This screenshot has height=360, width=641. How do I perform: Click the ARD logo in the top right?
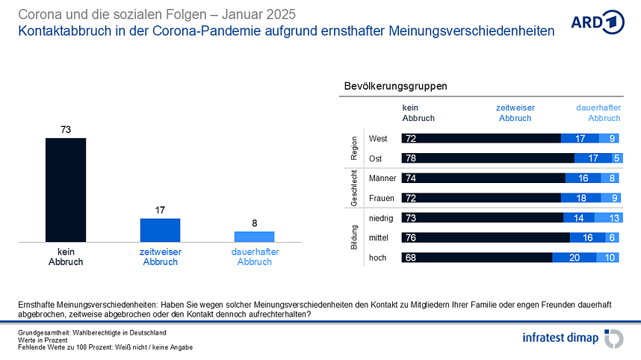point(596,22)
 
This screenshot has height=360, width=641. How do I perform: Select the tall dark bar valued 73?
point(66,190)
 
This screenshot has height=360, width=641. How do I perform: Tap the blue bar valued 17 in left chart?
point(160,230)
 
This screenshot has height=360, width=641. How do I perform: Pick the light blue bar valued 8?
point(254,236)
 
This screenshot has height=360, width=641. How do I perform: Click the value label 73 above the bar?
point(66,130)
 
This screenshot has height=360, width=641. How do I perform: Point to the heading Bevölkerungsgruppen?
point(395,86)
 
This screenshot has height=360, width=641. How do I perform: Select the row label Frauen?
point(382,198)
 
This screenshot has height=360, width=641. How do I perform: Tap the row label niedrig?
point(382,217)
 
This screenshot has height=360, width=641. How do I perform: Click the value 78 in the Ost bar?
point(411,158)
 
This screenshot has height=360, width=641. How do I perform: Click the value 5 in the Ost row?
point(616,158)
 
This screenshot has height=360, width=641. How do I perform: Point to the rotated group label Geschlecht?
point(354,188)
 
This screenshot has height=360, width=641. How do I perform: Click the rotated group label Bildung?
point(354,238)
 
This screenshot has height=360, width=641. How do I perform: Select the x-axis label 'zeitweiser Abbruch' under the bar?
point(160,257)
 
